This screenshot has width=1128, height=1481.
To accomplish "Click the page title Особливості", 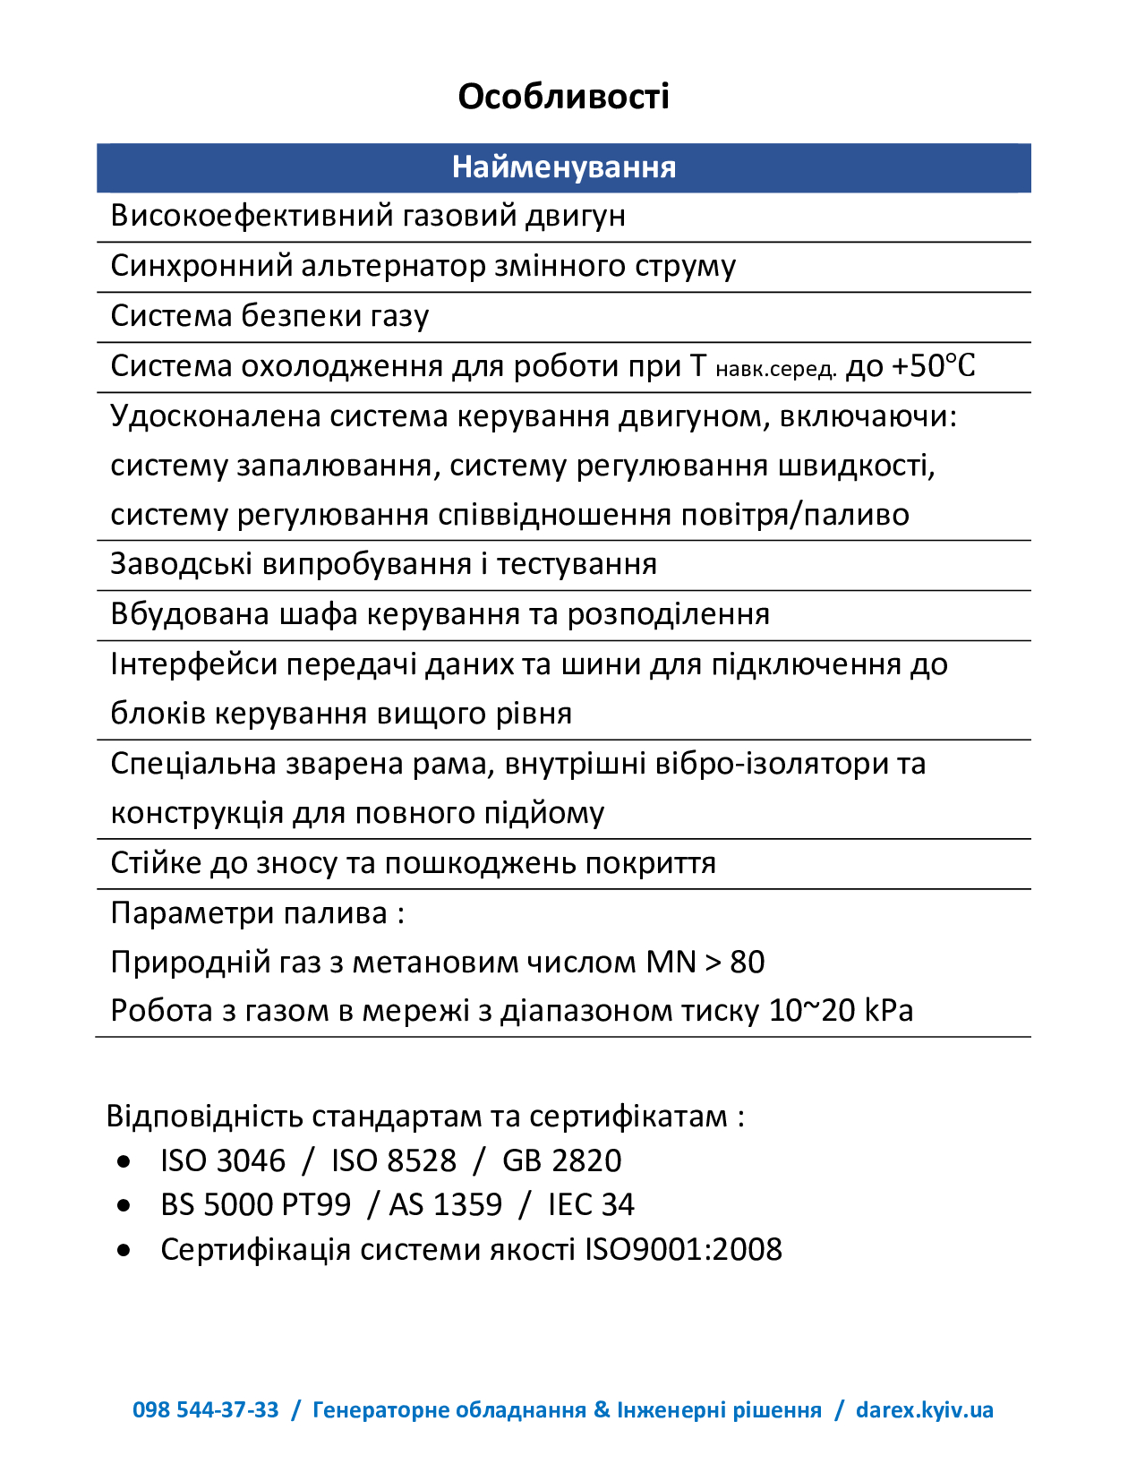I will (563, 97).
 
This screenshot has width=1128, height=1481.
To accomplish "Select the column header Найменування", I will (563, 167).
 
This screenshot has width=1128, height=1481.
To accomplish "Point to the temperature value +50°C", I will (933, 366).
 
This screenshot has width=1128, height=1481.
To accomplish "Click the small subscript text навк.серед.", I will (776, 369).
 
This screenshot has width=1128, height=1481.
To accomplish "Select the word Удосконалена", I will (215, 416).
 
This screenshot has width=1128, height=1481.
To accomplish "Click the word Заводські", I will (183, 564).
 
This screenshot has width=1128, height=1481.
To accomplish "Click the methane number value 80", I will (747, 962).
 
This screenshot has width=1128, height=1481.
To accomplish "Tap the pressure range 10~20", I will (812, 1011).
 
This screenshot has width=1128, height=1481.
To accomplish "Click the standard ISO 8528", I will (394, 1160).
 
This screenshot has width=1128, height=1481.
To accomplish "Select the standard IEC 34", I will (591, 1205).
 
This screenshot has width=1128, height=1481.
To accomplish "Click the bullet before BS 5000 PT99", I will (124, 1206).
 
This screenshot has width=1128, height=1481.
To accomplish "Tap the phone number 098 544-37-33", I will (206, 1410).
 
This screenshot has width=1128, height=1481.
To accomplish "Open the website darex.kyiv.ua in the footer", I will (924, 1410).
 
